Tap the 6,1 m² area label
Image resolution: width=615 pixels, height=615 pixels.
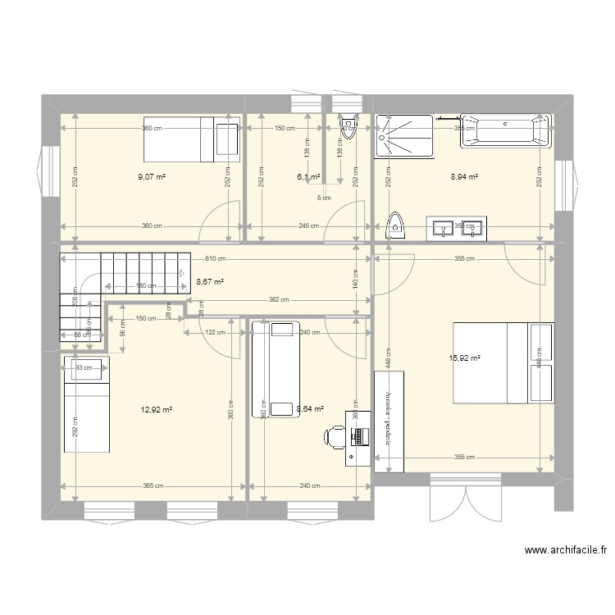click(x=307, y=175)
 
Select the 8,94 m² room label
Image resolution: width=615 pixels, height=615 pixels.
click(x=464, y=175)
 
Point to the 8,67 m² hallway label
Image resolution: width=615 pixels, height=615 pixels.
click(x=210, y=281)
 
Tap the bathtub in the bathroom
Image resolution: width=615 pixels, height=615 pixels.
click(x=504, y=131)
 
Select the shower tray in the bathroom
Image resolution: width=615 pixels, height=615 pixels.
click(x=403, y=135)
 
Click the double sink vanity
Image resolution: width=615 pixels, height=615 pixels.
click(x=456, y=228)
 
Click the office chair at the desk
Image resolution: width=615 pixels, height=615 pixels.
click(x=335, y=439)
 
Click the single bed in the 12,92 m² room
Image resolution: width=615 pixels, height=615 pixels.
click(x=87, y=408)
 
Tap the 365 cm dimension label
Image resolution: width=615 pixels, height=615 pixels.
click(x=153, y=486)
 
